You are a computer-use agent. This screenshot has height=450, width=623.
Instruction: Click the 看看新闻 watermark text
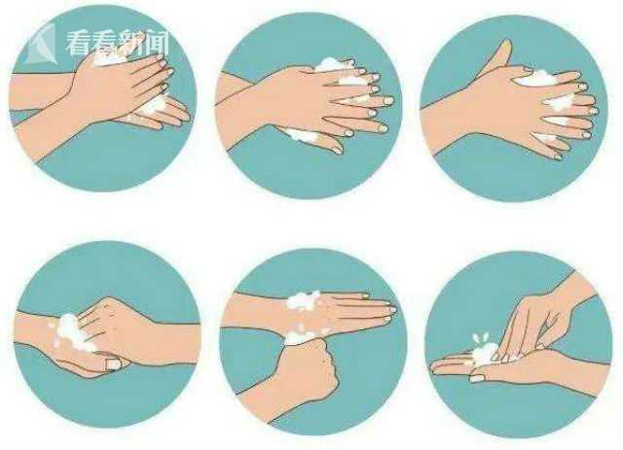(118, 43)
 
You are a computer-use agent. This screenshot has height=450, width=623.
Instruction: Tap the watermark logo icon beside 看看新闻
(40, 43)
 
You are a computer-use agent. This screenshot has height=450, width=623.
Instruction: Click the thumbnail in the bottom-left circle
(113, 363)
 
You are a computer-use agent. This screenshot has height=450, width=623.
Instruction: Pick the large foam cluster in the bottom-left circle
(71, 333)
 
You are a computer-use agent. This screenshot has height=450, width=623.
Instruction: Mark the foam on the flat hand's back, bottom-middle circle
(304, 300)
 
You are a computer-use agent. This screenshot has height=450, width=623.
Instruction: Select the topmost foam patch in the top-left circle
(108, 57)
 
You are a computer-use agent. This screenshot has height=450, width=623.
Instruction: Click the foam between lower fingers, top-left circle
(154, 106)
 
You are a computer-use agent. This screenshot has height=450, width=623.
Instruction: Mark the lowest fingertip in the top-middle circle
(337, 150)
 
